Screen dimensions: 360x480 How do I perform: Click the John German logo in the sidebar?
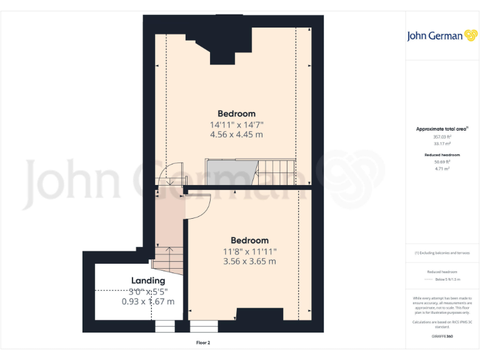click(442, 36)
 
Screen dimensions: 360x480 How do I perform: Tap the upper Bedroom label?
click(236, 114)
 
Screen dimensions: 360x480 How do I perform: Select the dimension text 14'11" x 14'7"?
click(236, 124)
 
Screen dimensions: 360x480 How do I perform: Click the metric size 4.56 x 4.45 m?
click(236, 134)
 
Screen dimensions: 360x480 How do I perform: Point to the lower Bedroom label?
click(249, 241)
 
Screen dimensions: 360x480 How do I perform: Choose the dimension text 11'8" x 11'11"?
click(249, 251)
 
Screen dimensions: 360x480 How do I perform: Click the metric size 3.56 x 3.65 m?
click(249, 262)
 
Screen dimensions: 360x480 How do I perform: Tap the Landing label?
click(148, 281)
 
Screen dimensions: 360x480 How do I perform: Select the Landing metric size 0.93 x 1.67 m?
click(148, 301)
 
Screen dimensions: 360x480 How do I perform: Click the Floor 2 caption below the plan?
click(202, 342)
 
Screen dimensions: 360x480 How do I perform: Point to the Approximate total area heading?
click(442, 129)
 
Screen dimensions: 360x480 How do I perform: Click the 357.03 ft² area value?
click(442, 137)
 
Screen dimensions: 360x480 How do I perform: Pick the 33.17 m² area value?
click(442, 143)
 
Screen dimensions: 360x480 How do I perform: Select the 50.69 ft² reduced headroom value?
click(442, 161)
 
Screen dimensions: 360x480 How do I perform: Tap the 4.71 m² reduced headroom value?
click(442, 167)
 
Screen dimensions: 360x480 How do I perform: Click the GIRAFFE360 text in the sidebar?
click(442, 337)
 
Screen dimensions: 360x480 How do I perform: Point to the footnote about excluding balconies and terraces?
click(442, 253)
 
